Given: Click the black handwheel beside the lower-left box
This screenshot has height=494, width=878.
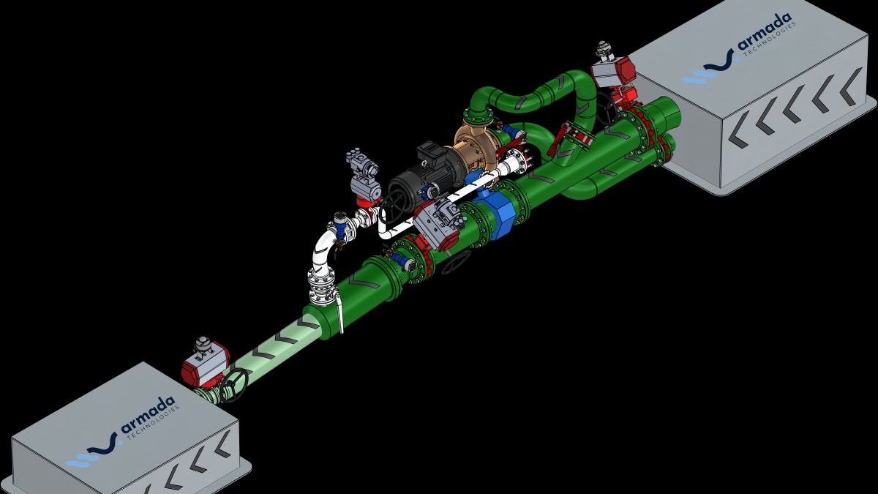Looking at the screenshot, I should click(x=233, y=386).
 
